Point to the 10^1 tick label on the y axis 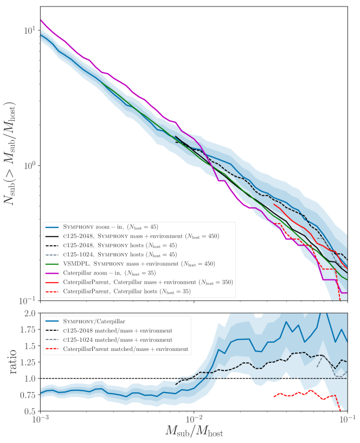click(x=26, y=30)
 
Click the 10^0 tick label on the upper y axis click(x=26, y=165)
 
